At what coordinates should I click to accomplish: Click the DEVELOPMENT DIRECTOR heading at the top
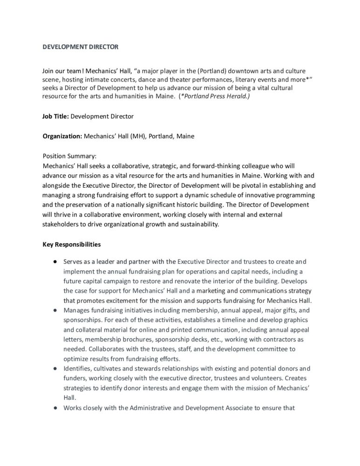tap(80, 47)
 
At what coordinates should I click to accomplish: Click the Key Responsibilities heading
tap(71, 244)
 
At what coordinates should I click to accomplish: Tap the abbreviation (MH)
tap(136, 137)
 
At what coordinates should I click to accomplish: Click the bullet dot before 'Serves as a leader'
tap(54, 262)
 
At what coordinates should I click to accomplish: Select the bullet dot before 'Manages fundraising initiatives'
tap(54, 309)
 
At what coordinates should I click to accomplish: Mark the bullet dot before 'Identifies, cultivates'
tap(54, 368)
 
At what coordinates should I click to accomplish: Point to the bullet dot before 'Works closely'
tap(54, 408)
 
